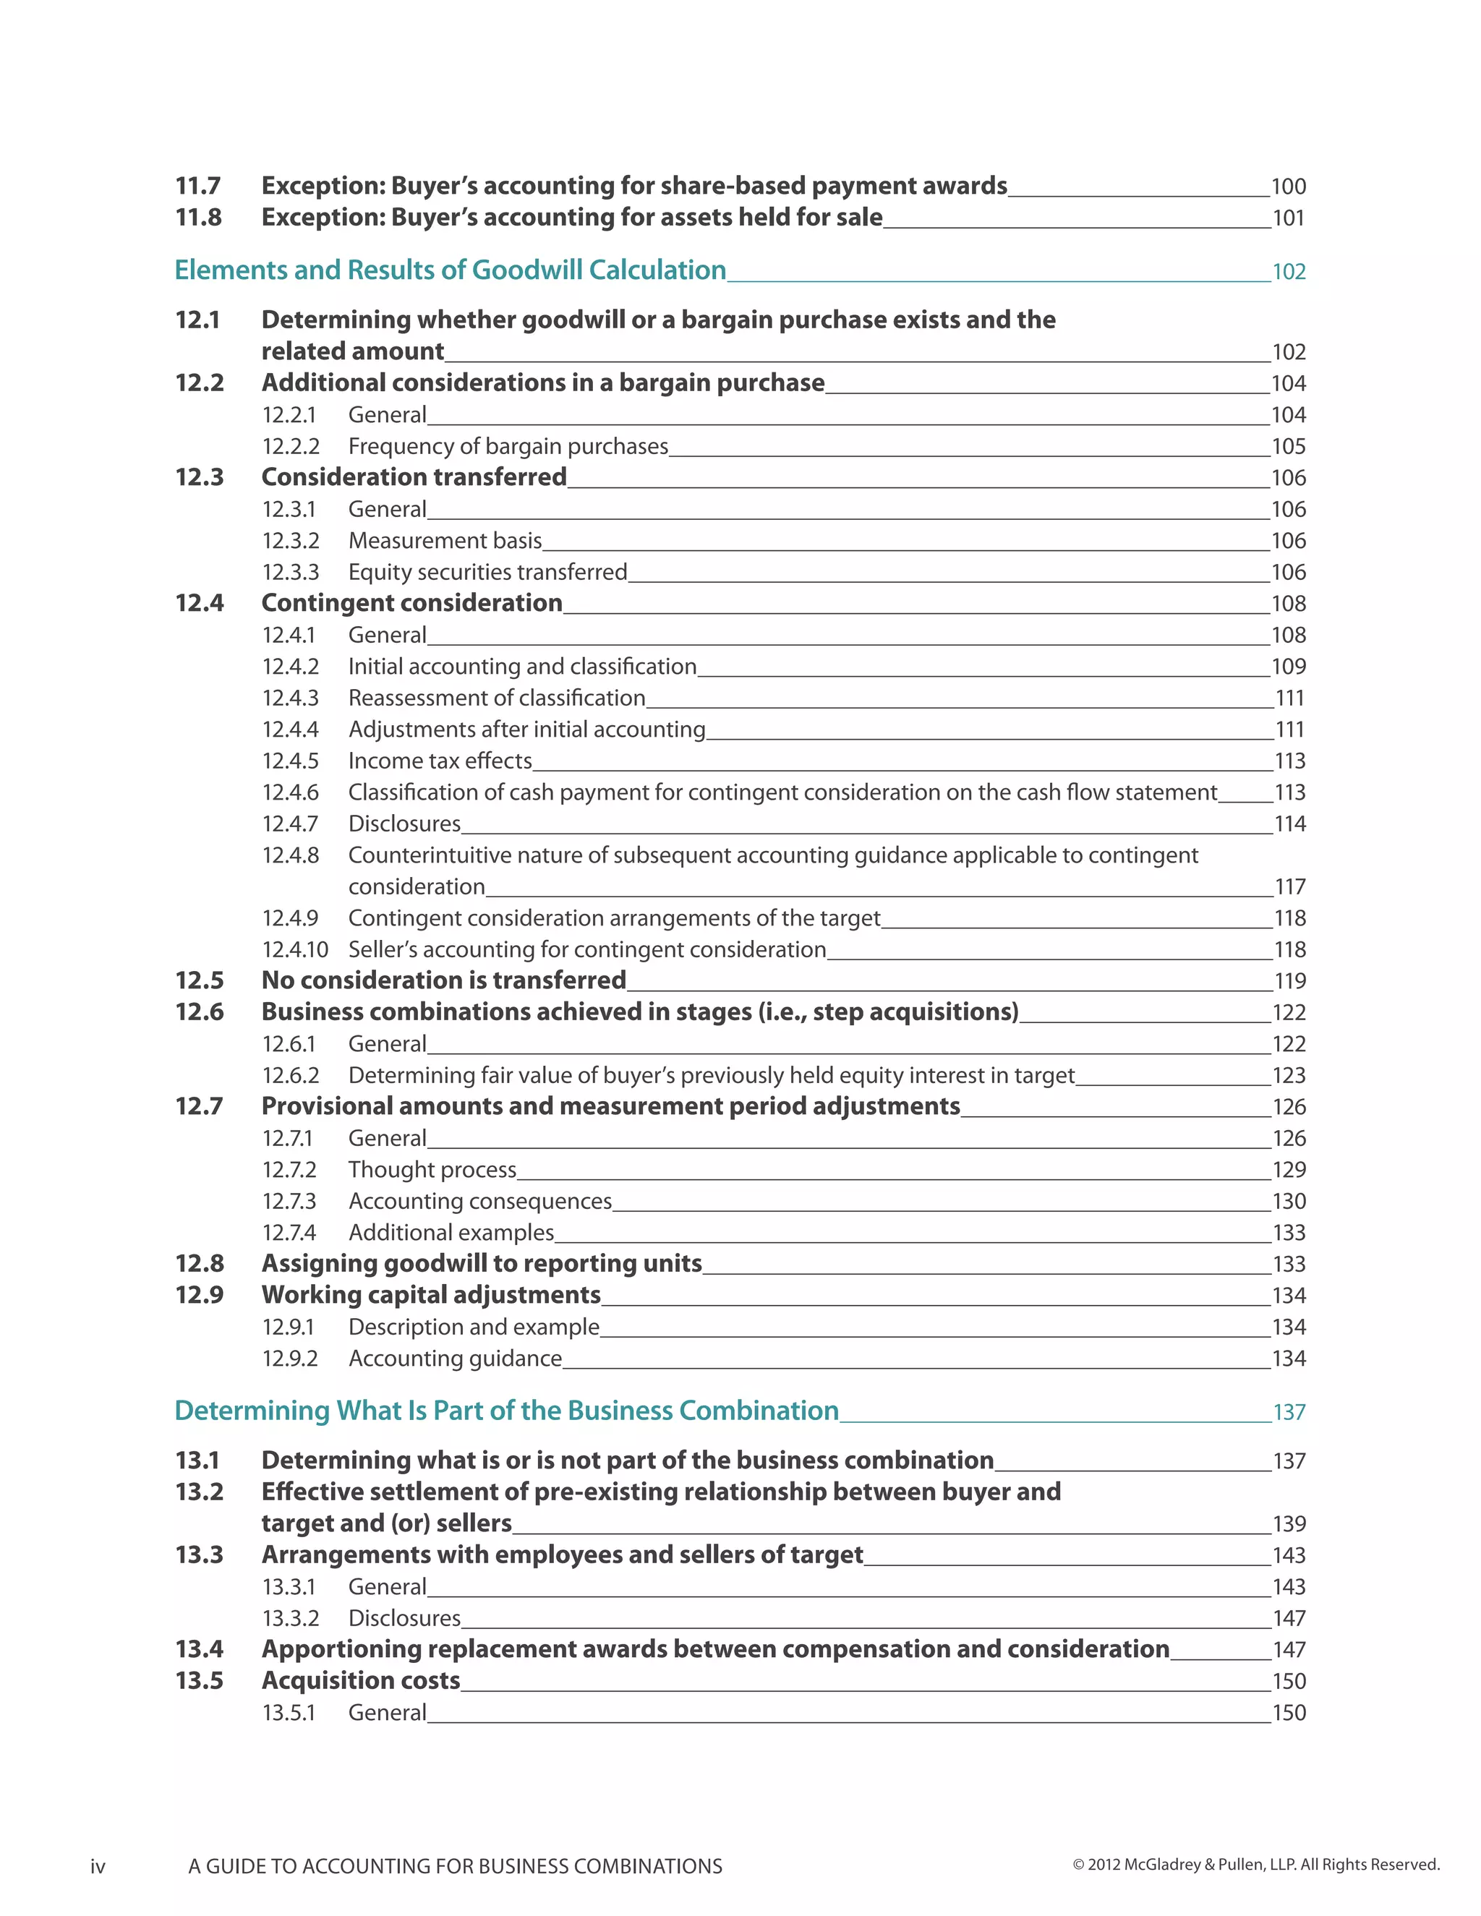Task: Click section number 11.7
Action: click(x=198, y=186)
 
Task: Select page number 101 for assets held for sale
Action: click(x=1288, y=218)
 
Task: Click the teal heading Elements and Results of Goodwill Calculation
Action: click(x=450, y=270)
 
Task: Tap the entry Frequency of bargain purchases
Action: click(x=508, y=447)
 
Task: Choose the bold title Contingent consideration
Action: click(x=411, y=604)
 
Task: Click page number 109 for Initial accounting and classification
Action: click(x=1288, y=667)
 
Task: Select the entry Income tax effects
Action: click(x=440, y=761)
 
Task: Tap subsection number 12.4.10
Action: click(x=295, y=950)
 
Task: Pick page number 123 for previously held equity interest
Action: click(x=1289, y=1076)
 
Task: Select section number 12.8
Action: click(x=199, y=1264)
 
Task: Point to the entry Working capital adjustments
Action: click(x=431, y=1296)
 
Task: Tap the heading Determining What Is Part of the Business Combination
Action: click(x=506, y=1411)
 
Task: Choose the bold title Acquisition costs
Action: click(x=361, y=1681)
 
